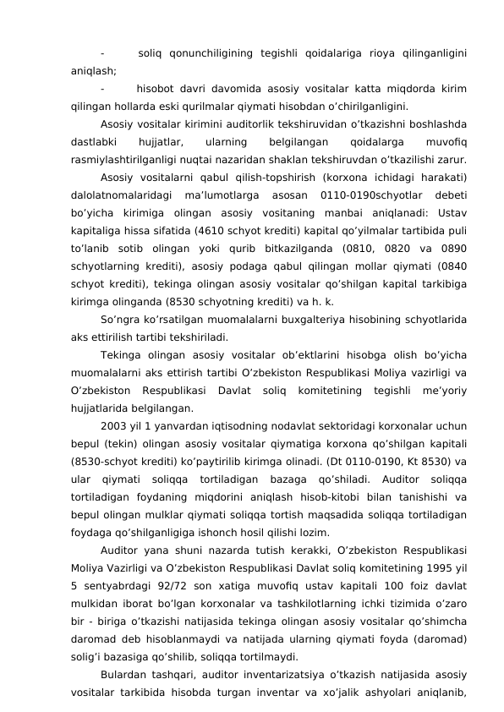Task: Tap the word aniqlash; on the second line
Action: pyautogui.click(x=94, y=72)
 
